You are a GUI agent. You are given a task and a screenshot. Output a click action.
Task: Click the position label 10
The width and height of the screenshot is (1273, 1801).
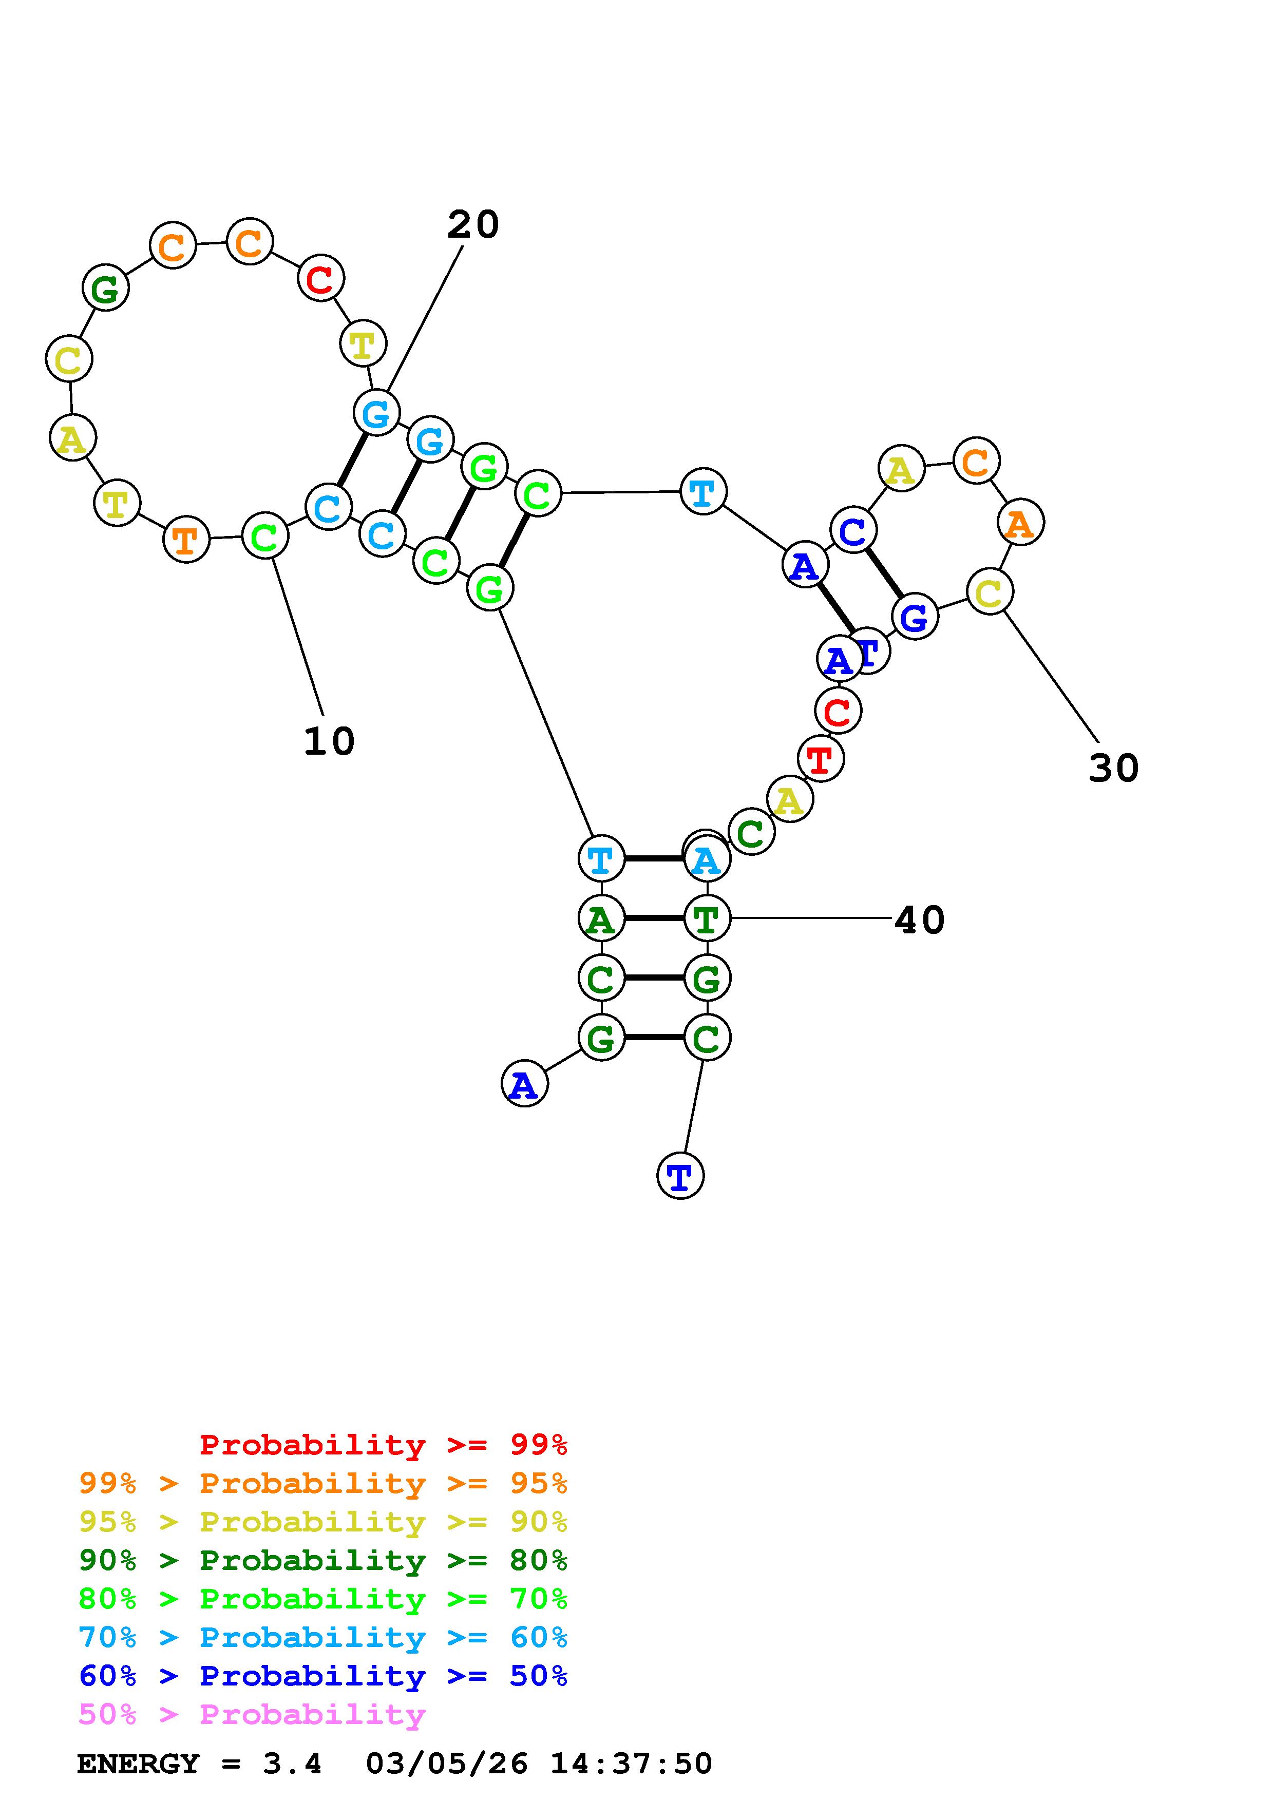pyautogui.click(x=329, y=741)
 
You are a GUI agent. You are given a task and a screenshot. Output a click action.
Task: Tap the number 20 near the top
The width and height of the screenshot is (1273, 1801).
pyautogui.click(x=473, y=225)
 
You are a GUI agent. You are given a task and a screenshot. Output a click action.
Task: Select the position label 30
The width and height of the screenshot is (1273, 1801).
pyautogui.click(x=1113, y=768)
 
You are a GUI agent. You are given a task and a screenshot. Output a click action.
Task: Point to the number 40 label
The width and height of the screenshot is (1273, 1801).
pyautogui.click(x=919, y=919)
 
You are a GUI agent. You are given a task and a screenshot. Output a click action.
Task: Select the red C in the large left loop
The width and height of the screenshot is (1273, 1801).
pyautogui.click(x=320, y=278)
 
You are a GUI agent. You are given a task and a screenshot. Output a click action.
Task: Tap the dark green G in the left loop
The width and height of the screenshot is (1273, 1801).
pyautogui.click(x=105, y=289)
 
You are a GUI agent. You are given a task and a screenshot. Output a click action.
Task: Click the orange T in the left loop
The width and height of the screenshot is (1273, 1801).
pyautogui.click(x=186, y=540)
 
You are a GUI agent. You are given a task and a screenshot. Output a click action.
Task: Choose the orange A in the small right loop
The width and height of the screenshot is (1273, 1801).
pyautogui.click(x=1020, y=523)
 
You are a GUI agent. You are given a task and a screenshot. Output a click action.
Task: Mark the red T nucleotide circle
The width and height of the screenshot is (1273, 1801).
pyautogui.click(x=821, y=759)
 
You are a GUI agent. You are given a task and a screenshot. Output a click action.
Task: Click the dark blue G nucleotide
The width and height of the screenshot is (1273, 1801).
pyautogui.click(x=914, y=617)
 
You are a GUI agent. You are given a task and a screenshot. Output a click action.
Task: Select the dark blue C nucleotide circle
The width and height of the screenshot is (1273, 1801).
pyautogui.click(x=852, y=531)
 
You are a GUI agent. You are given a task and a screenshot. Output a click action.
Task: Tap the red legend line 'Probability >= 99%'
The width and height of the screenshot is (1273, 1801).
pyautogui.click(x=384, y=1445)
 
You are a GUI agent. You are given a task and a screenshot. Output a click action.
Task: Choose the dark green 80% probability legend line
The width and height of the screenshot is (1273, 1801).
pyautogui.click(x=323, y=1560)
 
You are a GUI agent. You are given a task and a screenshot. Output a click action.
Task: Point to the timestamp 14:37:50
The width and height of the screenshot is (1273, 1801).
pyautogui.click(x=632, y=1764)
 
